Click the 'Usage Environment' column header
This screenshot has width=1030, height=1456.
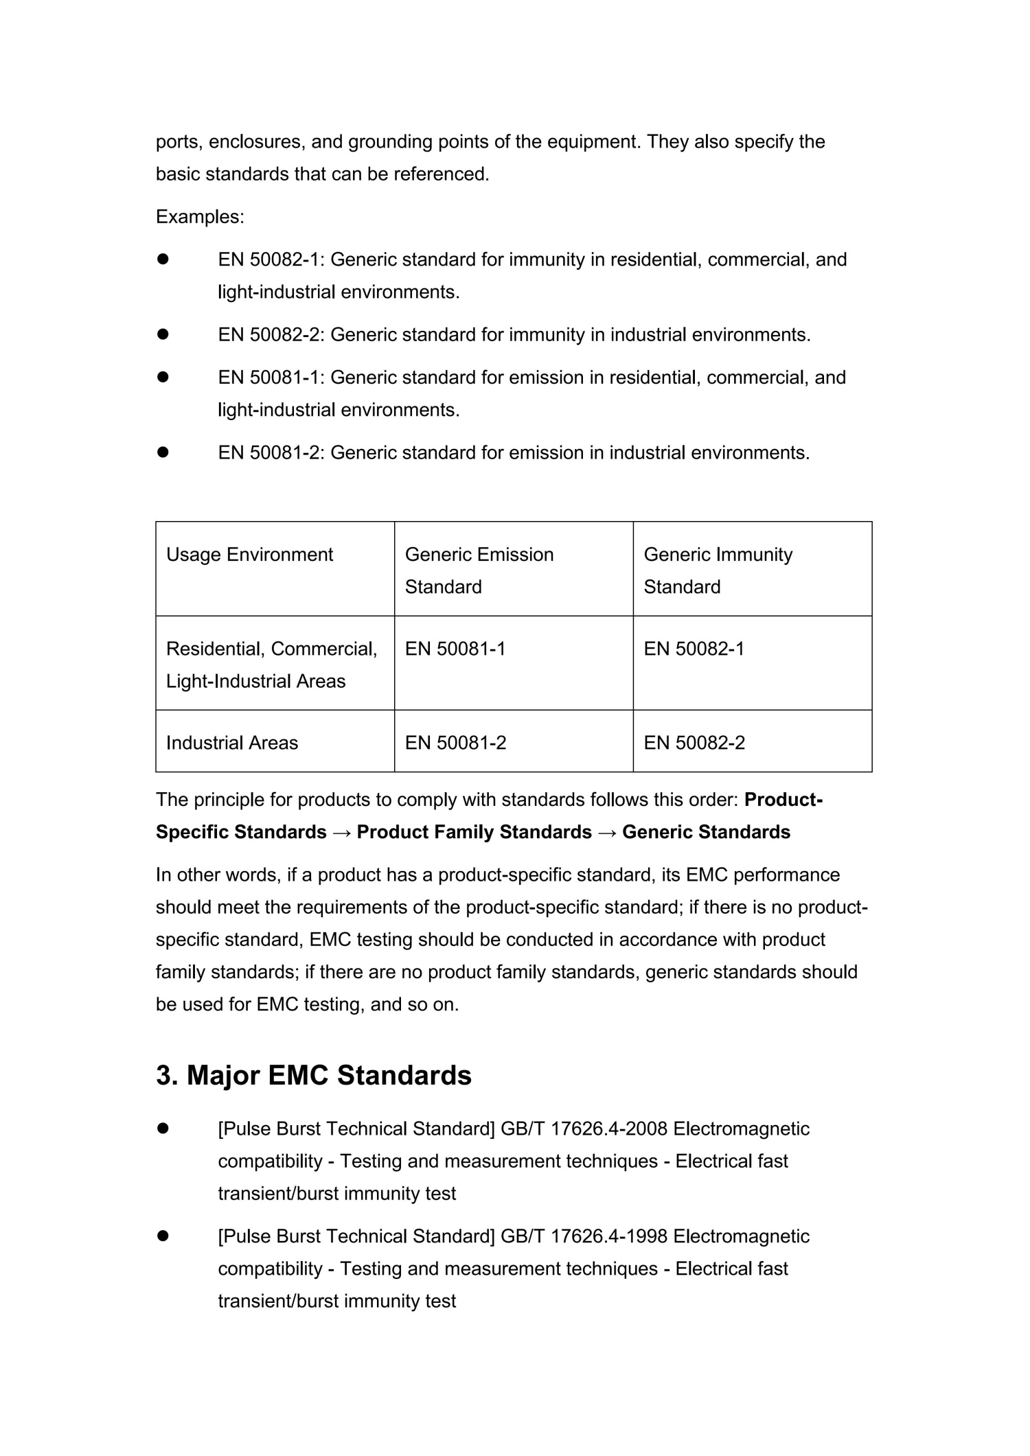pos(249,555)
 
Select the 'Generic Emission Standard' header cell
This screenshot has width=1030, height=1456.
pos(479,570)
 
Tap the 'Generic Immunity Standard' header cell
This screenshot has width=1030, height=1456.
pos(718,570)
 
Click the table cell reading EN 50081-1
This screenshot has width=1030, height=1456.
pos(455,649)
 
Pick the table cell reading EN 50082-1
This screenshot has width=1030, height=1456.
pos(694,649)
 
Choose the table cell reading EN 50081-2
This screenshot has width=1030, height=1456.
pos(455,743)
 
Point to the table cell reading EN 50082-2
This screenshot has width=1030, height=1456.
pos(694,743)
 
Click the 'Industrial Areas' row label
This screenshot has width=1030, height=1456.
pos(232,743)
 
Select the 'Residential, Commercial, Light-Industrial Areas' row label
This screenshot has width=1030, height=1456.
pos(271,665)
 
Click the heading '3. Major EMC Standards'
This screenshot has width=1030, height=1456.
pos(314,1075)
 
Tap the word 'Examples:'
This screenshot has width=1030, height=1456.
pos(200,217)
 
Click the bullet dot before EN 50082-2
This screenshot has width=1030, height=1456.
pos(163,335)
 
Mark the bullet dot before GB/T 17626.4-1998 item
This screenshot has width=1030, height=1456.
pos(163,1236)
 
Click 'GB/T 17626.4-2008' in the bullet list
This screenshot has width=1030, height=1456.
pos(584,1129)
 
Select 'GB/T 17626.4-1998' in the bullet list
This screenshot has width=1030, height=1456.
pos(584,1236)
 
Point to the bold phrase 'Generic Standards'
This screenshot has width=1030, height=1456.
pos(706,832)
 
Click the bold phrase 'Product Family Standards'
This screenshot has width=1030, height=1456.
pos(474,832)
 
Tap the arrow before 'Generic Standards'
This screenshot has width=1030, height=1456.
pos(607,832)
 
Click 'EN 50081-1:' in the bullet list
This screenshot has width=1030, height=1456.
pos(271,378)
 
